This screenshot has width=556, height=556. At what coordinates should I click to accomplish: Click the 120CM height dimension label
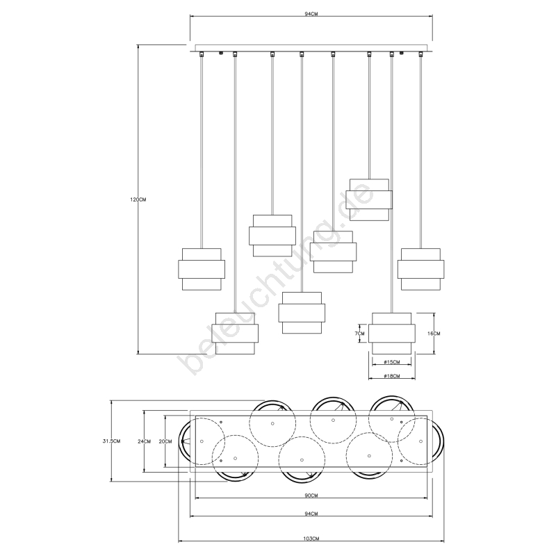coord(138,199)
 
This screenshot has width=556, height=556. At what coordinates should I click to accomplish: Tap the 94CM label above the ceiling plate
coord(311,14)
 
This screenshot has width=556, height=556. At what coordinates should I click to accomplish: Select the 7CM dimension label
coord(359,334)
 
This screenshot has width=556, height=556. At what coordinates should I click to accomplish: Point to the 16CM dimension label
coord(434,334)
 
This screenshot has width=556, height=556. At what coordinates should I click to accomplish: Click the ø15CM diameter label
coord(392,362)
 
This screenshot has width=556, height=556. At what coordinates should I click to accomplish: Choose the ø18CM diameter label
coord(392,376)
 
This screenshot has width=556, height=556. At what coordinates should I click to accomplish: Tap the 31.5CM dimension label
coord(111,441)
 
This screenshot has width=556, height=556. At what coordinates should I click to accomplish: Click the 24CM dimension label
coord(145,441)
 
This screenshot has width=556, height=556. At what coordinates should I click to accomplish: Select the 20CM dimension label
coord(165,441)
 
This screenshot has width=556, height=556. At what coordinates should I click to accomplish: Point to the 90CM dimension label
coord(311,496)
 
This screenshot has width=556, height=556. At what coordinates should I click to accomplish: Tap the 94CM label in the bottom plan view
coord(311,514)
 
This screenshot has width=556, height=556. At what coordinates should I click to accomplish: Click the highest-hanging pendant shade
coord(369,199)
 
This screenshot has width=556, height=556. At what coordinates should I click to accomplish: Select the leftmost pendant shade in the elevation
coord(202,269)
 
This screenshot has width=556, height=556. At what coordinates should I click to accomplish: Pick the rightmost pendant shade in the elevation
coord(421,269)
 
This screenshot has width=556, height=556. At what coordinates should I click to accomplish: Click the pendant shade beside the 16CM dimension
coord(392,334)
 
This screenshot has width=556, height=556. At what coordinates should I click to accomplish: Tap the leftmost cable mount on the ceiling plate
coord(202,54)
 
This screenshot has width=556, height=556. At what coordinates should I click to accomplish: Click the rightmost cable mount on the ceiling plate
coord(421,54)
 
